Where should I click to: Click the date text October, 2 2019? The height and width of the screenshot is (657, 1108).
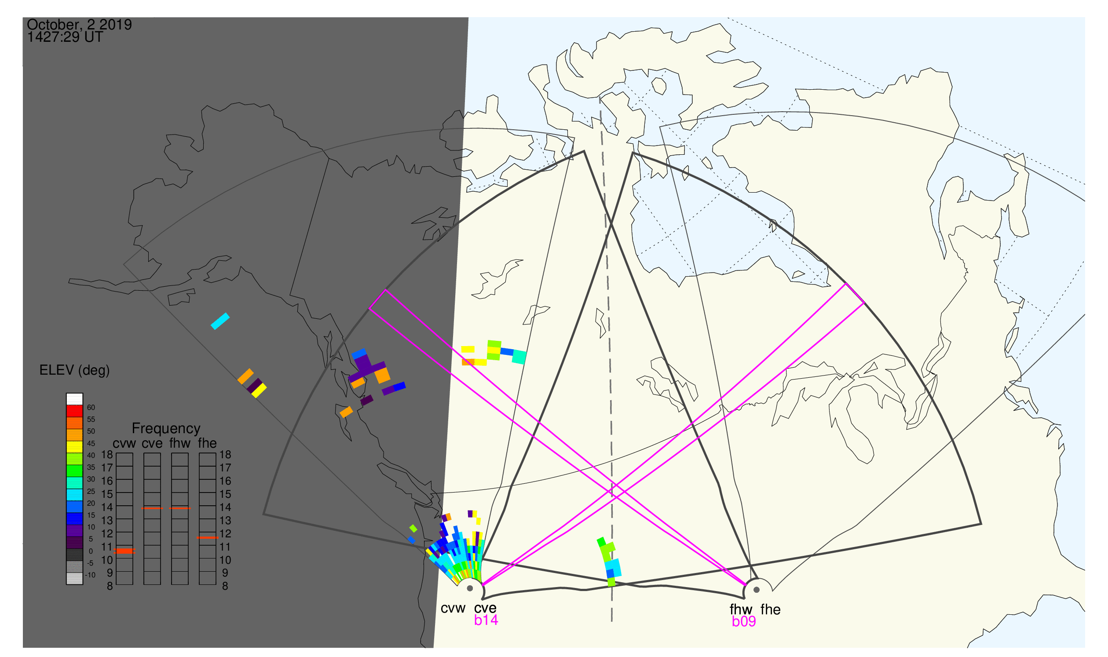(x=79, y=24)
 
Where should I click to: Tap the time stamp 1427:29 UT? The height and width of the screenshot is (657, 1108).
(x=65, y=37)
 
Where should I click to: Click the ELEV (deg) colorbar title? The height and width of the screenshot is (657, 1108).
(x=74, y=370)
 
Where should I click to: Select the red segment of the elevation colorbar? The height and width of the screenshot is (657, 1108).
(x=74, y=411)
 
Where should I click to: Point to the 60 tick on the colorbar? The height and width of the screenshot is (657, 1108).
(x=91, y=408)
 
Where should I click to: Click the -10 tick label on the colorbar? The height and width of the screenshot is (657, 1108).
(x=90, y=576)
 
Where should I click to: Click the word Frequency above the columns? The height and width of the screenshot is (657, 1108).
(x=166, y=429)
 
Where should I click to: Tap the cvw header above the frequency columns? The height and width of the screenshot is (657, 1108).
(x=124, y=444)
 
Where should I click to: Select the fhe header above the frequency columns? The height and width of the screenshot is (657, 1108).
(x=207, y=443)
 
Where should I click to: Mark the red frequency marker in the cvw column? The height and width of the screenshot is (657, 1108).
(x=124, y=551)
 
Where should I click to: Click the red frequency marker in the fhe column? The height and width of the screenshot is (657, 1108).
(x=207, y=538)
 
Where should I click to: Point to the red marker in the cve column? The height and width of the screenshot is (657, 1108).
(x=152, y=508)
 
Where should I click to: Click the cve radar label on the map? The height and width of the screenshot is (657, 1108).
(x=485, y=608)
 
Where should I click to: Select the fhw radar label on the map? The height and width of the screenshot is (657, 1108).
(x=741, y=610)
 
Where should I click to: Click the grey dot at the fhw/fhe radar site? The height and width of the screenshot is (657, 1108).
(x=757, y=590)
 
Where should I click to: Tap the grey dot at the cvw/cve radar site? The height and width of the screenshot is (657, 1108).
(x=470, y=589)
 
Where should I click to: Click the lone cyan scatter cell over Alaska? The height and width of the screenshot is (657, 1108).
(x=220, y=321)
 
